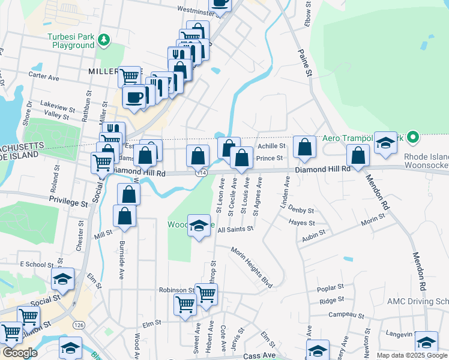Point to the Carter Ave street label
tap(44, 77)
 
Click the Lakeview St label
tap(58, 103)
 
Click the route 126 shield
tap(78, 325)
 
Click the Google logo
tap(20, 353)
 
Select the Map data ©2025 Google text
tap(411, 355)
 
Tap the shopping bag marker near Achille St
tap(305, 147)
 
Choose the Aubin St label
tap(313, 232)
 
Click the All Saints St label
tap(236, 229)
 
